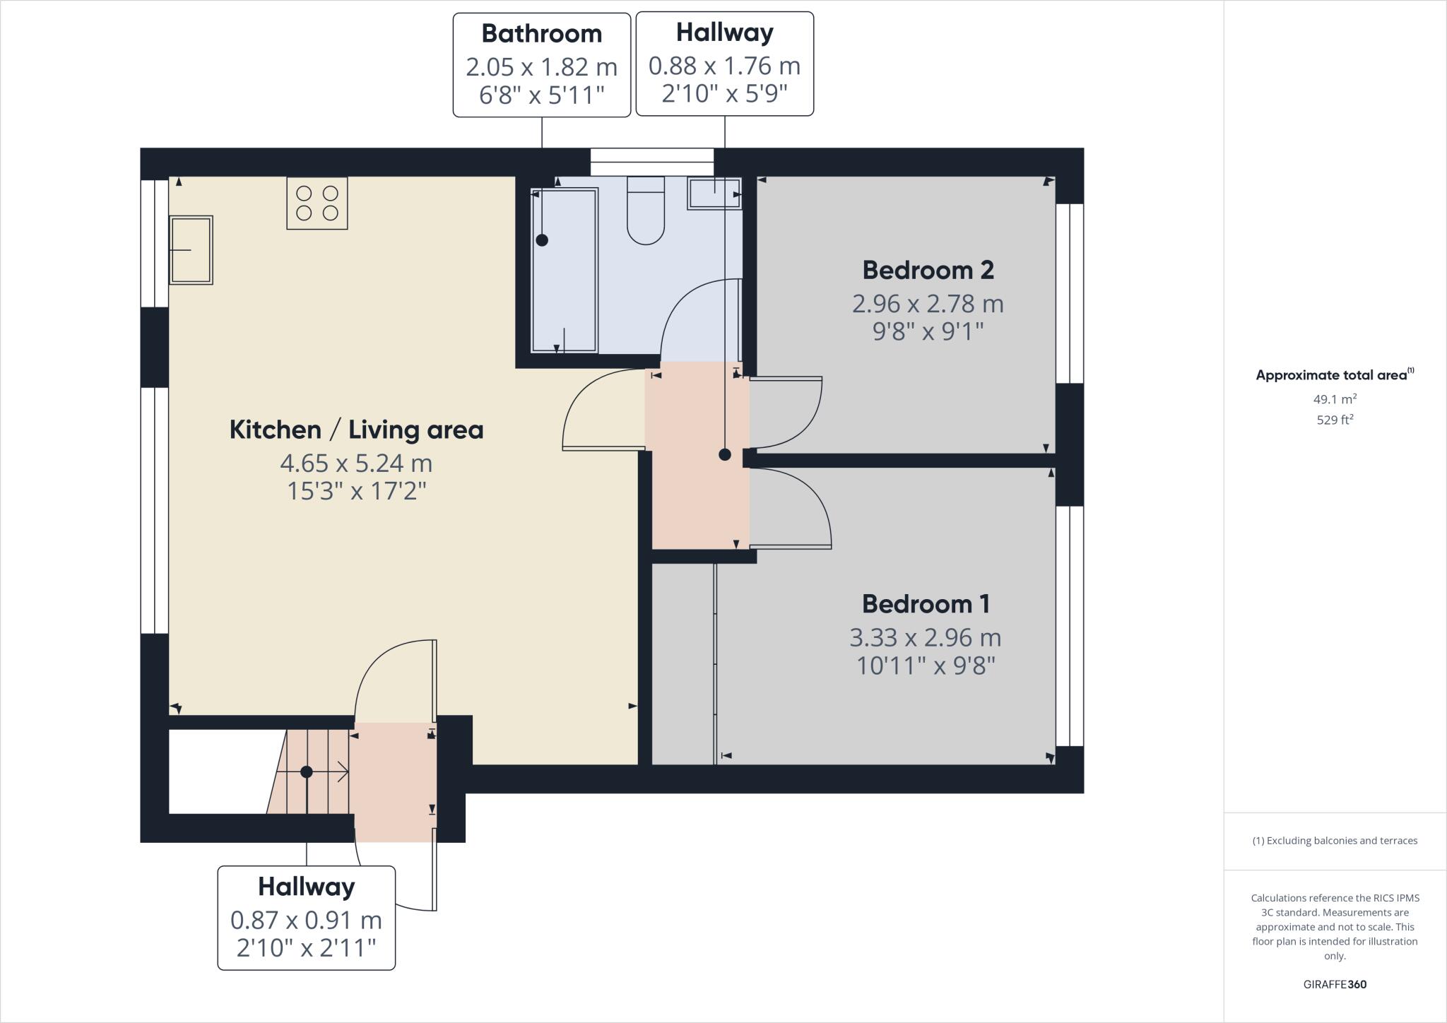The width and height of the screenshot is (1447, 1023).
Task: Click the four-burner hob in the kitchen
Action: (x=317, y=203)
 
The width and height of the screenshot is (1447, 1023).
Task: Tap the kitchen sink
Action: (x=191, y=250)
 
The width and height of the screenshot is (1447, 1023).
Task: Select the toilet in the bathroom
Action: (x=646, y=211)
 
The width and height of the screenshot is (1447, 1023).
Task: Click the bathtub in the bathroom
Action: (x=564, y=270)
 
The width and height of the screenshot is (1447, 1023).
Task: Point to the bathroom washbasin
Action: (x=715, y=193)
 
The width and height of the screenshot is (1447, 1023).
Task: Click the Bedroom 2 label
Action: (x=928, y=270)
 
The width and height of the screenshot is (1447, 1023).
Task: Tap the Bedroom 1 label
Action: (x=926, y=604)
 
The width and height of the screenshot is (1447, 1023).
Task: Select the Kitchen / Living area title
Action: (x=356, y=430)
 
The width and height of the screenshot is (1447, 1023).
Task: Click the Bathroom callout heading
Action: (x=542, y=33)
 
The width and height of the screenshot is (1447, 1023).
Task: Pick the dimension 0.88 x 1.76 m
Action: (x=725, y=66)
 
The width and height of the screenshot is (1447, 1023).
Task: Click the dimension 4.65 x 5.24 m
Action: (x=356, y=463)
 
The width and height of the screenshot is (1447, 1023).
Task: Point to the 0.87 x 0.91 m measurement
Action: (x=306, y=921)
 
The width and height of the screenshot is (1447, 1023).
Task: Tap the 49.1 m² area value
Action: (x=1335, y=399)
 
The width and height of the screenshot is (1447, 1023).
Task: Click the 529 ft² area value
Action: (x=1335, y=420)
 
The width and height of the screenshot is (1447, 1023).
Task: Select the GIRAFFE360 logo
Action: (x=1335, y=984)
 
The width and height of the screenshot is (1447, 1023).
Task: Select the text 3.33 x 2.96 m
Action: (x=926, y=638)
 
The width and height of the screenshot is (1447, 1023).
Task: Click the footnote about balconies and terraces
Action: (x=1335, y=841)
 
